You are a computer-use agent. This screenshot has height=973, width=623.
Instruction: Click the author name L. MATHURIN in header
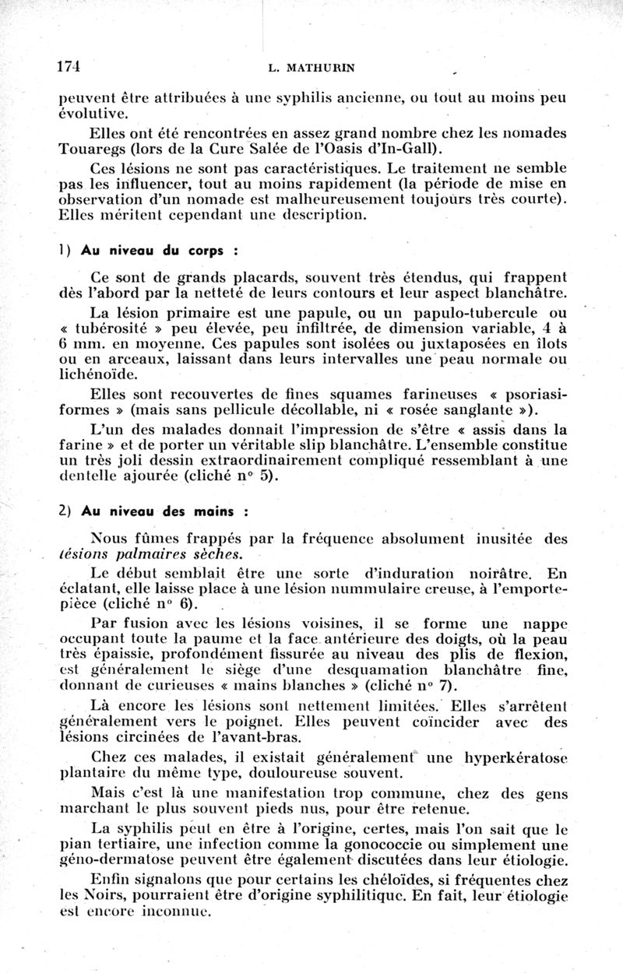point(311,68)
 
